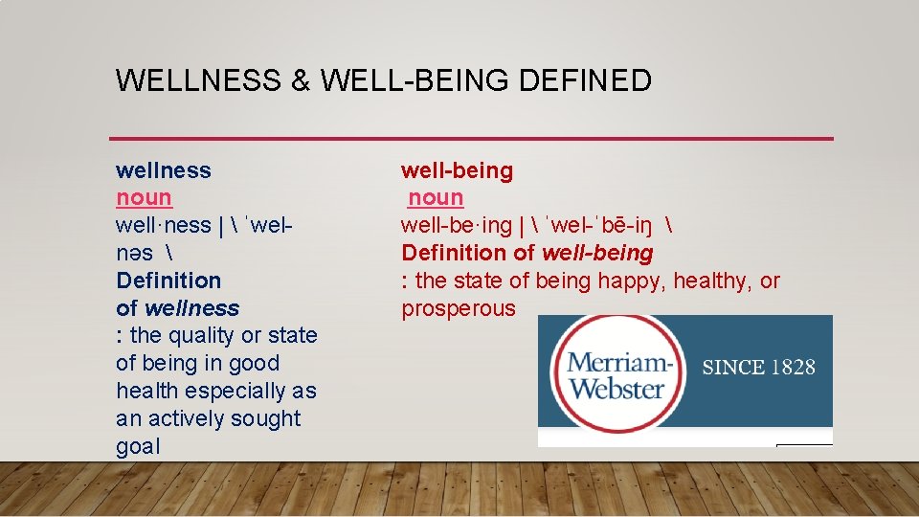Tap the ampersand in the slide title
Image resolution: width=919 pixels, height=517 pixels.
[300, 80]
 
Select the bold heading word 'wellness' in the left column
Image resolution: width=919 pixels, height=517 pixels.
[164, 170]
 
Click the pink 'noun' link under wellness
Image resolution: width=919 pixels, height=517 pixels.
[144, 198]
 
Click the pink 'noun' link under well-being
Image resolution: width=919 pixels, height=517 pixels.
[436, 198]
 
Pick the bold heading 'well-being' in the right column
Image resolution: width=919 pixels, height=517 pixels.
[457, 170]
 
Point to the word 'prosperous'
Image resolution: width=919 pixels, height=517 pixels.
[459, 308]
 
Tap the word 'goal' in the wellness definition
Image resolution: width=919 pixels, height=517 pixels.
[139, 447]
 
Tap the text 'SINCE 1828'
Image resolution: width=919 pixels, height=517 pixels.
[759, 368]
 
